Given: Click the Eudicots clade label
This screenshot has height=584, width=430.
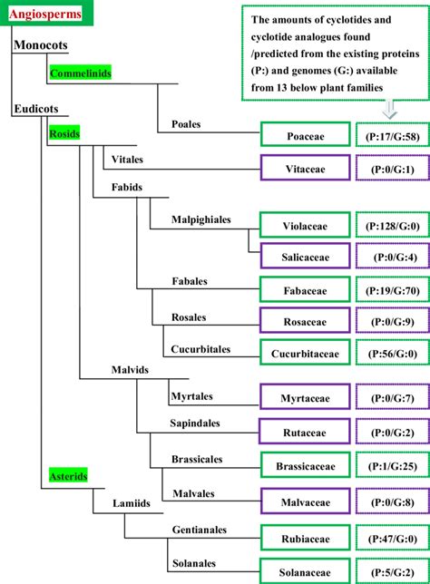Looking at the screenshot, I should (37, 109).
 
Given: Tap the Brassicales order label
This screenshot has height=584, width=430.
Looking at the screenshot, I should (199, 460).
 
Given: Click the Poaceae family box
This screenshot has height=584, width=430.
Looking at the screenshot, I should (304, 135).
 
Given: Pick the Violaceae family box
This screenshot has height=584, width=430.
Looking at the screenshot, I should (304, 223).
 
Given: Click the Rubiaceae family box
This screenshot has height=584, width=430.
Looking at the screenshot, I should (304, 537).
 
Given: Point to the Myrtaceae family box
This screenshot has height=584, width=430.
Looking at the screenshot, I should (304, 396).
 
